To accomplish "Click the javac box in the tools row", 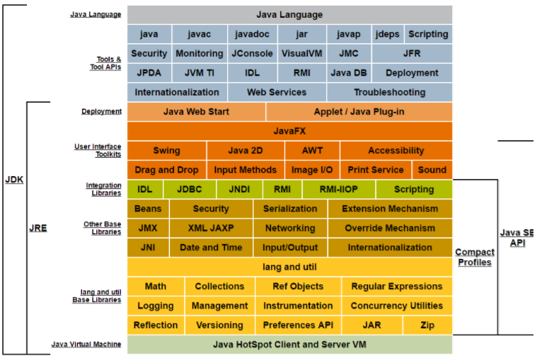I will [199, 34].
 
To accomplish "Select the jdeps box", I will [387, 34].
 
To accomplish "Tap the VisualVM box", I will [301, 53].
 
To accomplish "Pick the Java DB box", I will [349, 72].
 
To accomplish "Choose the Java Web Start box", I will [196, 112].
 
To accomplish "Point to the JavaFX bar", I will [289, 131].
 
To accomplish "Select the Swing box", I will [166, 151].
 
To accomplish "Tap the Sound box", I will [432, 170].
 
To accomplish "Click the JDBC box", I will [190, 190].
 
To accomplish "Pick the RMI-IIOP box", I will [338, 190].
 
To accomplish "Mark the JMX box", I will [148, 228].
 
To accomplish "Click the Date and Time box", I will [211, 248].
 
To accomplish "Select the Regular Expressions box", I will [396, 286].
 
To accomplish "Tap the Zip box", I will [427, 325].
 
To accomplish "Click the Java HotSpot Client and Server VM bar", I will [289, 344].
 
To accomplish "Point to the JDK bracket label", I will [14, 180].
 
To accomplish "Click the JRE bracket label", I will [38, 228].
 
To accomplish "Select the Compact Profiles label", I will [475, 257].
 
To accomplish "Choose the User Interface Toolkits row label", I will [98, 151].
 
